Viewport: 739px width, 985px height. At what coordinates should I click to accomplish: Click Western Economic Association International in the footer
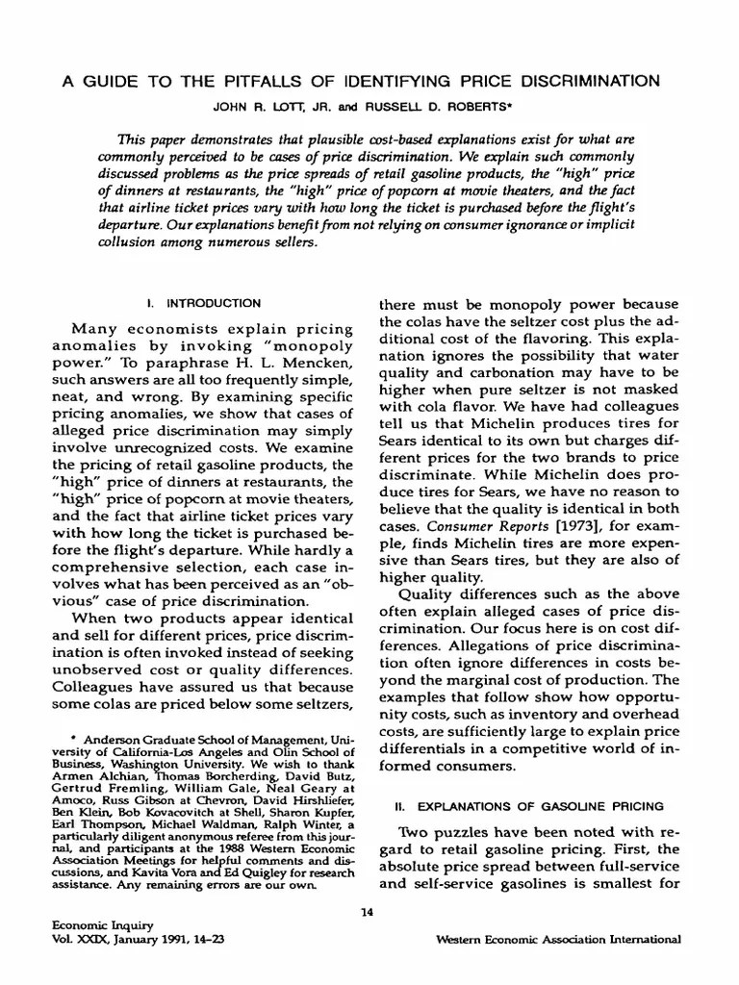558,939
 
